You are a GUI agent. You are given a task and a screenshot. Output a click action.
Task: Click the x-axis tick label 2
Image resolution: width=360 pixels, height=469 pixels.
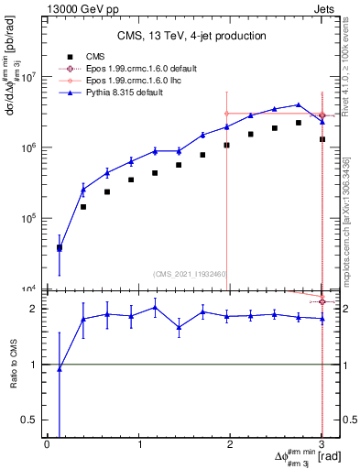click(230, 444)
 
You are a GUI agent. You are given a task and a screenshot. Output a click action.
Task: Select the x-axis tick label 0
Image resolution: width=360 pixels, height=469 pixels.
click(47, 444)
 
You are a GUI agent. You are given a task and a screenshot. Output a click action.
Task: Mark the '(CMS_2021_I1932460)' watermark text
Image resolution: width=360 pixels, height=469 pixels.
click(190, 274)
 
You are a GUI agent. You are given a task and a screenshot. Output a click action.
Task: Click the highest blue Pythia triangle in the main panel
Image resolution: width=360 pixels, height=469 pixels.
click(298, 104)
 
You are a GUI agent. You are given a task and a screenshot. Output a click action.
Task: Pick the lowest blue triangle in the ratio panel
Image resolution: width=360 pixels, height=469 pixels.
click(60, 369)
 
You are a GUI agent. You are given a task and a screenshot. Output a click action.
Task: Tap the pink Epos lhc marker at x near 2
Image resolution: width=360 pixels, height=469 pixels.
click(226, 114)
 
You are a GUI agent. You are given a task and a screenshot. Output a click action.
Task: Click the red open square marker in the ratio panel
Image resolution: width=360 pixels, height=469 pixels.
click(322, 301)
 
